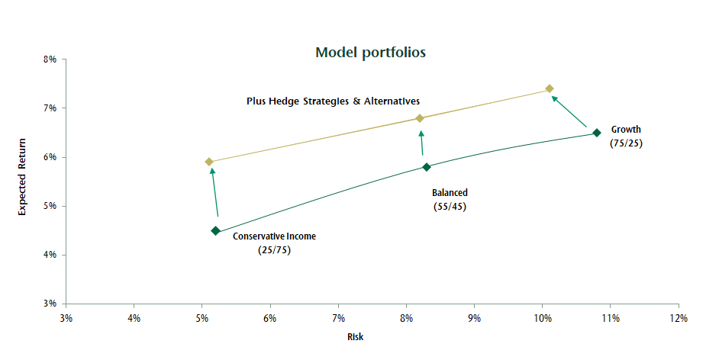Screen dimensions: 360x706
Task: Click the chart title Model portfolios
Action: (370, 53)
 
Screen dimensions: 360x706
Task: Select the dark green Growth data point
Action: (597, 133)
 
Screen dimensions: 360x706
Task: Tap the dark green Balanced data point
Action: (427, 167)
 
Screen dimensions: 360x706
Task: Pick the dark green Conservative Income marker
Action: (215, 230)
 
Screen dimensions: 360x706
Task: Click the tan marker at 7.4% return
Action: (549, 88)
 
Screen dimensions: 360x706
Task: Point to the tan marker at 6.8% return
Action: (420, 118)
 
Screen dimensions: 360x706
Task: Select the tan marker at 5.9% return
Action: (209, 162)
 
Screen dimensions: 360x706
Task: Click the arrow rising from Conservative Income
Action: (214, 193)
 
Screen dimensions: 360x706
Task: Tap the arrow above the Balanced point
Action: (421, 143)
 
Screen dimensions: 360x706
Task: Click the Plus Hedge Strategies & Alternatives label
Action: (333, 101)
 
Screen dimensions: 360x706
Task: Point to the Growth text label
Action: (626, 130)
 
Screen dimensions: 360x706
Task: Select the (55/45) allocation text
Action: (449, 207)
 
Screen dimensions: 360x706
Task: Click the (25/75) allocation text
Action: (274, 249)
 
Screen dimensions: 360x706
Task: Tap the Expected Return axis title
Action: (23, 177)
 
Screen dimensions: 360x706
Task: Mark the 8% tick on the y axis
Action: (50, 59)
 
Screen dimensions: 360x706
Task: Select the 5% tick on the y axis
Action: (50, 206)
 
